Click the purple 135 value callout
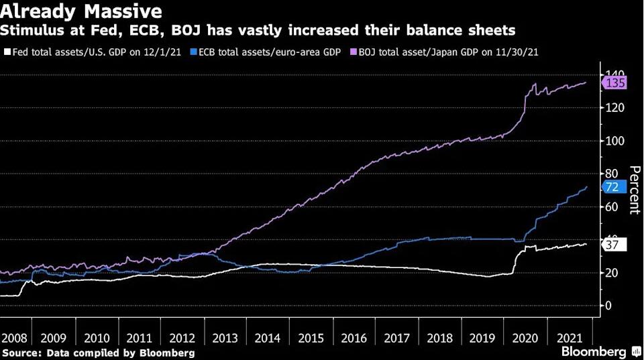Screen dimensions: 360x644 tap(615, 83)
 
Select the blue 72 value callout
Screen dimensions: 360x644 tap(612, 188)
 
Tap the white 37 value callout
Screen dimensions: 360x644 tap(612, 245)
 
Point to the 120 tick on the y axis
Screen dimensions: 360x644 tap(615, 108)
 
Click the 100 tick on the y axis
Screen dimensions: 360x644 tap(615, 141)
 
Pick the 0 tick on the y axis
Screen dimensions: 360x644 tap(608, 306)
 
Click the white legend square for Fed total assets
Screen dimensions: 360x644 tap(6, 52)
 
